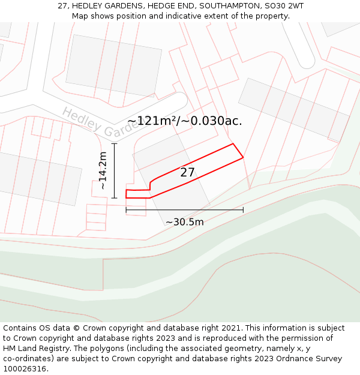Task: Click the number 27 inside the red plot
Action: tap(188, 173)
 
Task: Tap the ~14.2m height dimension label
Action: tap(103, 170)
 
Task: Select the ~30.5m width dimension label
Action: tap(184, 222)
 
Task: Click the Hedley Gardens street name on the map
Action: tap(96, 122)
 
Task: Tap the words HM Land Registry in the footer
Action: tap(35, 349)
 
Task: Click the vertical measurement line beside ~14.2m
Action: tap(114, 170)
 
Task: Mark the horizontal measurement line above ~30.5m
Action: tap(184, 210)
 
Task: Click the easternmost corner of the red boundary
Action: tap(243, 158)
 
